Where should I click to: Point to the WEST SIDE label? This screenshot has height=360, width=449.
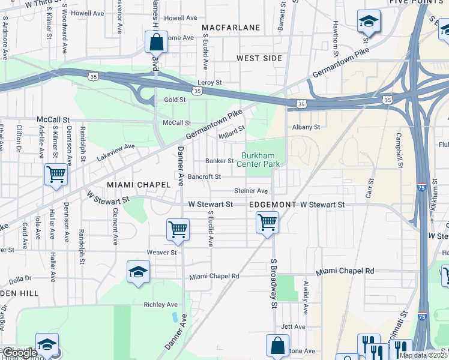click(259, 58)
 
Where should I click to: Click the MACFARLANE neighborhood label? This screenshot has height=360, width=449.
click(231, 28)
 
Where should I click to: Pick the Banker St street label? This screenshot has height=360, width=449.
click(219, 161)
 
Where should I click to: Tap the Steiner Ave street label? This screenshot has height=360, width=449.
click(251, 191)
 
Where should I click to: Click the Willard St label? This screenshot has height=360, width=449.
click(232, 130)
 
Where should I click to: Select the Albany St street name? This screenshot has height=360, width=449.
click(306, 127)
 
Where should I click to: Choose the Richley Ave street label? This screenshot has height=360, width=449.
click(161, 305)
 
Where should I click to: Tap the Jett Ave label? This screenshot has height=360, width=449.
click(294, 326)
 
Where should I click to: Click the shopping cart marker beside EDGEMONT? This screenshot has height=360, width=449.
click(267, 223)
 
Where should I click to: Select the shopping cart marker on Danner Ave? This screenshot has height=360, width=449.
click(178, 229)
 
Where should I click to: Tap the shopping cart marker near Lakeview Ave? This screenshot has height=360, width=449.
click(56, 175)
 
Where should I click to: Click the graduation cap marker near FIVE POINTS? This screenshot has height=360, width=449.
click(368, 22)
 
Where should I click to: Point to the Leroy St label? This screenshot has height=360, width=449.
click(209, 82)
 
